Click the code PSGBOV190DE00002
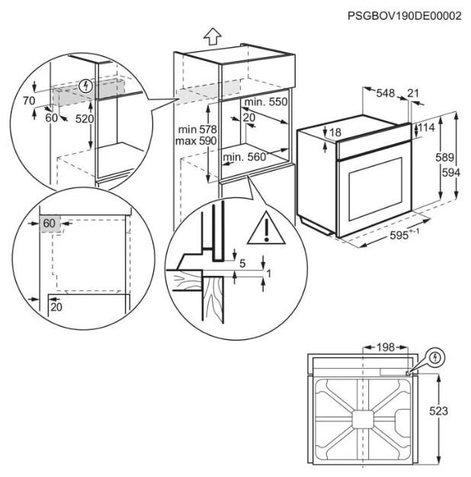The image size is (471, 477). click(405, 15)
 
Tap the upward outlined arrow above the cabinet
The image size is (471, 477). click(213, 37)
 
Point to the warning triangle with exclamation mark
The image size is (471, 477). click(266, 228)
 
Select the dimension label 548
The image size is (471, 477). click(386, 93)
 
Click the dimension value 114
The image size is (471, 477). click(426, 127)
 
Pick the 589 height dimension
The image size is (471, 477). click(444, 157)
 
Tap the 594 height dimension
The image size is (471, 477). click(451, 172)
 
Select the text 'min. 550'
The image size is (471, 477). click(266, 101)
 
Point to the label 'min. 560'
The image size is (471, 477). click(245, 157)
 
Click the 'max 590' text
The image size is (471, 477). click(196, 140)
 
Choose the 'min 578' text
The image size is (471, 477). click(197, 130)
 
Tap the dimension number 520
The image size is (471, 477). click(85, 119)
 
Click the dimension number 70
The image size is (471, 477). click(29, 101)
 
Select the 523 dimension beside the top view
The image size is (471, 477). click(438, 411)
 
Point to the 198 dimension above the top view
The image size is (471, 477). click(386, 347)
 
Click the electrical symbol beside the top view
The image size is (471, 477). click(435, 357)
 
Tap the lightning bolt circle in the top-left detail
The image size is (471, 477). click(86, 86)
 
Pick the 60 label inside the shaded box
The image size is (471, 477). click(49, 223)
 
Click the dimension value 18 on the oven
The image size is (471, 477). click(335, 133)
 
